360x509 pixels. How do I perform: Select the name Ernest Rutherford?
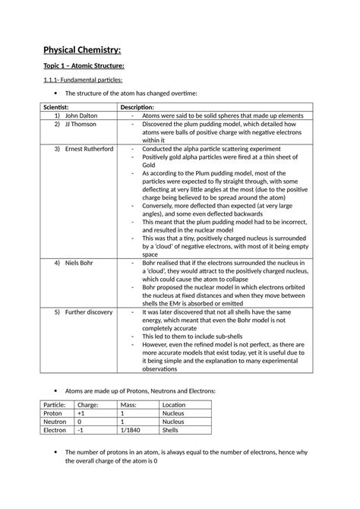[x=89, y=149]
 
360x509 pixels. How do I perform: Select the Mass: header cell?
[x=128, y=405]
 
